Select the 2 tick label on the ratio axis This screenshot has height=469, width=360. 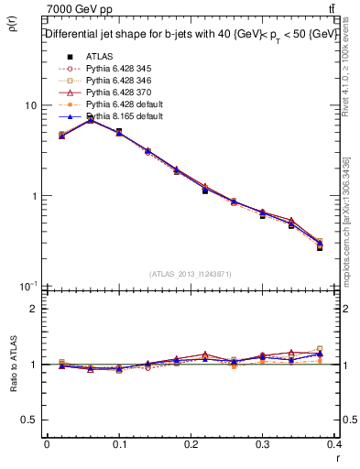coord(35,309)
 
